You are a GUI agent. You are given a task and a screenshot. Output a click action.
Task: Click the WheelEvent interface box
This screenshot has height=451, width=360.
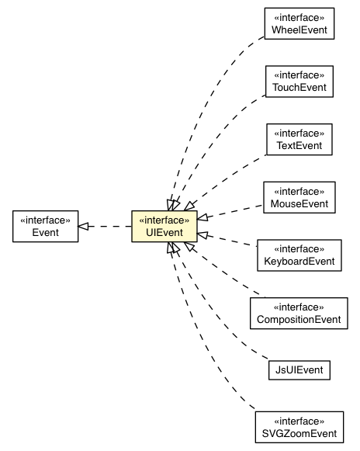299,25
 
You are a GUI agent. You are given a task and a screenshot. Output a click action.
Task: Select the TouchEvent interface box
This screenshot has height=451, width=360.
299,81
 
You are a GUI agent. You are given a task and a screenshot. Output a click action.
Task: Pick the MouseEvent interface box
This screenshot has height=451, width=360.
299,197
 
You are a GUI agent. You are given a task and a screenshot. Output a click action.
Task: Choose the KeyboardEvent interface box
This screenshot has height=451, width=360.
299,255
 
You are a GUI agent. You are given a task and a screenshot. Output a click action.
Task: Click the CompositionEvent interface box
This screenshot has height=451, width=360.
299,312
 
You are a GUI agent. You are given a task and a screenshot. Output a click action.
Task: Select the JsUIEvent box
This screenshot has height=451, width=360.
299,369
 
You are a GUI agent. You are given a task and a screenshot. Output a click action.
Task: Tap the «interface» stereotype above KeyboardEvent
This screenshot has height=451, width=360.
299,248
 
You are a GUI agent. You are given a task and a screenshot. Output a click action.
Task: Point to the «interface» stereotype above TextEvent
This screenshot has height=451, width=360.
299,132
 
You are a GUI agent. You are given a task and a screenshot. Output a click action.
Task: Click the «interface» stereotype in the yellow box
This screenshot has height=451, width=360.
164,219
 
